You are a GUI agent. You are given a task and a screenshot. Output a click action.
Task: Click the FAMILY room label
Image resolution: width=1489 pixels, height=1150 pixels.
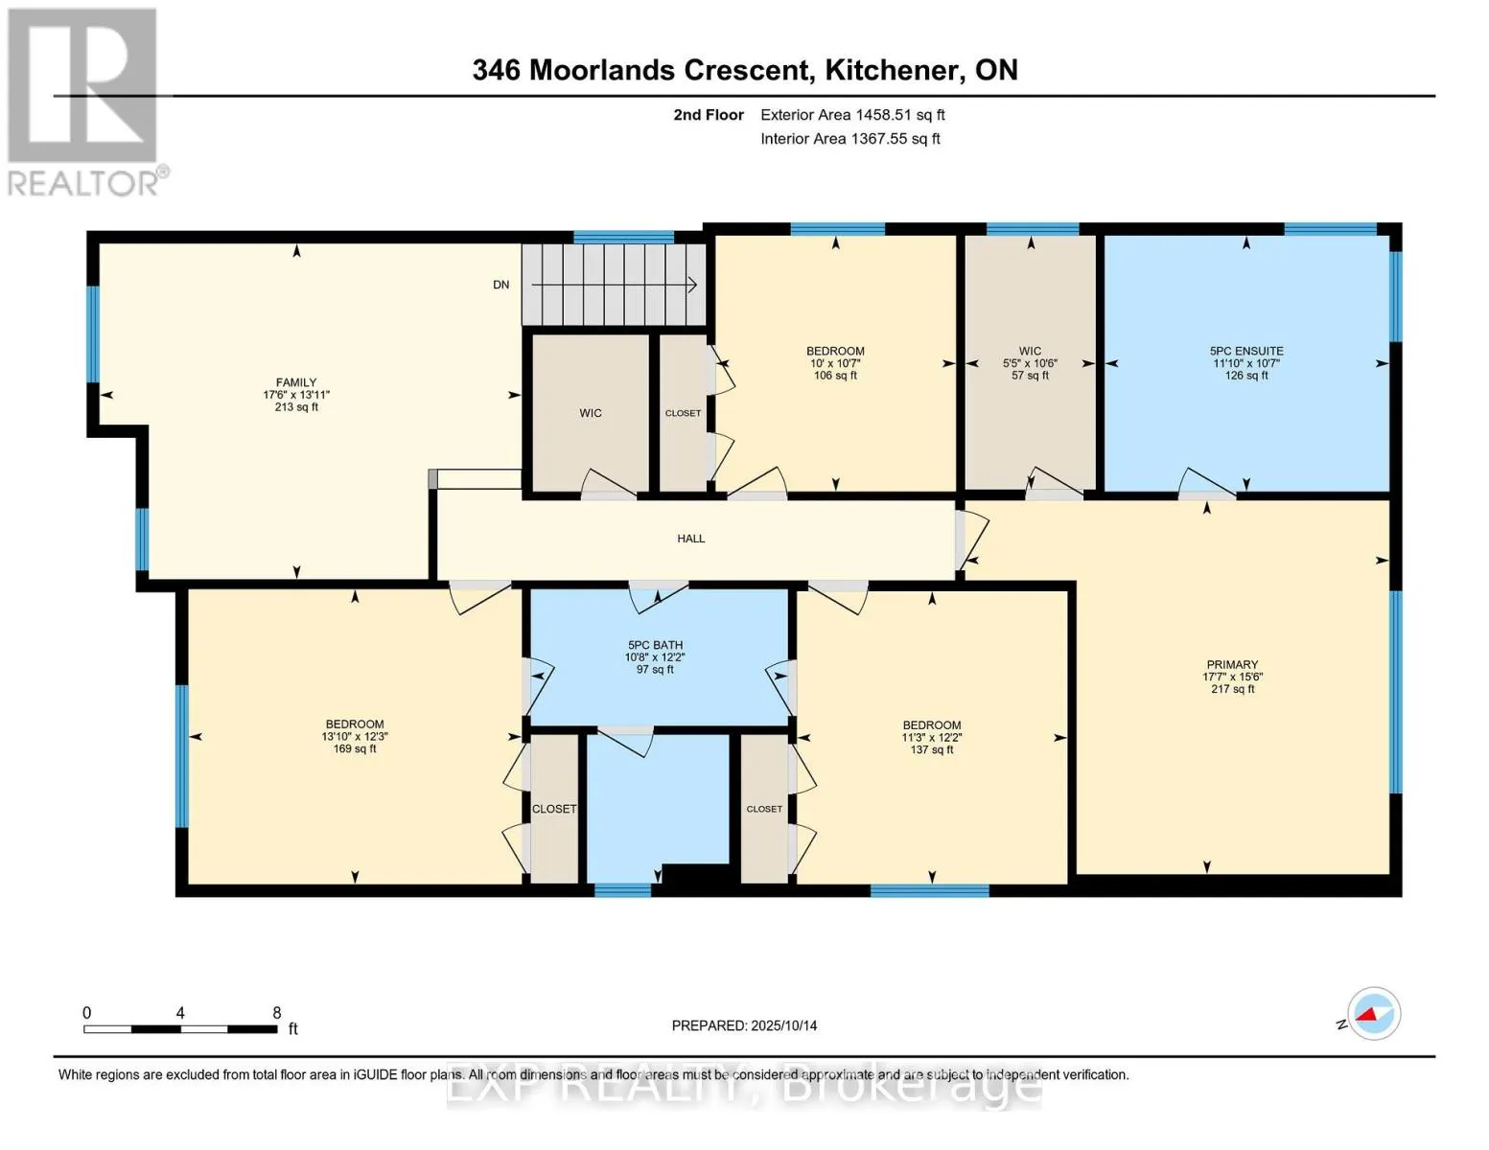point(296,382)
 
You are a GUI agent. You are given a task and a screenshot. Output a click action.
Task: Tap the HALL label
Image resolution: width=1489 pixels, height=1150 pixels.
point(690,539)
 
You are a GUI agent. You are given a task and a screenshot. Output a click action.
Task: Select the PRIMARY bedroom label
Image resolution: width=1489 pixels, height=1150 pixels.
point(1232,664)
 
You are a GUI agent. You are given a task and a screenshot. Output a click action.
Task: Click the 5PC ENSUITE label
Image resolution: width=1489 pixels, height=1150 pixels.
point(1246,351)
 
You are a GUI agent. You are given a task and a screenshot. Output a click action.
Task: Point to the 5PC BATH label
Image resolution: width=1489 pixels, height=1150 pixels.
point(655,645)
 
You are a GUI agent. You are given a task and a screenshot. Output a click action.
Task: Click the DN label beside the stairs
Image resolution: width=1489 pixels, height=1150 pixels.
point(500,285)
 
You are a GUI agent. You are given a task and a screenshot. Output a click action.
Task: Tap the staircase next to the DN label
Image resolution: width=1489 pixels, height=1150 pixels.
point(614,285)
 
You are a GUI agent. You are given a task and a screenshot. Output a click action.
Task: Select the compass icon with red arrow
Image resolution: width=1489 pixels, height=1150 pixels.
point(1373,1014)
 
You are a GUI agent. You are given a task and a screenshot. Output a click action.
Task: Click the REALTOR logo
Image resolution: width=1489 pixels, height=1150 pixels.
point(84,101)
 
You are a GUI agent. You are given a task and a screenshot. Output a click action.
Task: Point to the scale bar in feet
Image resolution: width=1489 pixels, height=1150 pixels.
point(180,1028)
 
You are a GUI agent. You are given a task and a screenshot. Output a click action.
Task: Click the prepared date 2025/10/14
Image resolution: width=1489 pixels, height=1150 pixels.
point(744,1025)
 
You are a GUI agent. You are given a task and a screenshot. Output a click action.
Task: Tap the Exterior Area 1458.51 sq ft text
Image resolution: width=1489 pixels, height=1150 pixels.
point(852,115)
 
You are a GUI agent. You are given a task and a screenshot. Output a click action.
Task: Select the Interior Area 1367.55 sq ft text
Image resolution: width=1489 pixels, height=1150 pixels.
point(849,139)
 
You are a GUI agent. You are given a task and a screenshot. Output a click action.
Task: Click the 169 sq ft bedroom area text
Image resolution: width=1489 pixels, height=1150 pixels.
point(355,748)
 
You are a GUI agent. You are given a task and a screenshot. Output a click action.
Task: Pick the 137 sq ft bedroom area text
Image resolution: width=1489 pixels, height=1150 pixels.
point(932,749)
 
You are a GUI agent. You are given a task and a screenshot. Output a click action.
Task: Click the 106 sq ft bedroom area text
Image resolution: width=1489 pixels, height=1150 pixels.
point(835,375)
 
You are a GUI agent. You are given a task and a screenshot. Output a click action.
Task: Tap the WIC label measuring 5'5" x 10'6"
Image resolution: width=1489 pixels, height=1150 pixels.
point(1030,351)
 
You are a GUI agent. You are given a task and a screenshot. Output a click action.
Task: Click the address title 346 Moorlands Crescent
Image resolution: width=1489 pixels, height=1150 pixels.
point(744,70)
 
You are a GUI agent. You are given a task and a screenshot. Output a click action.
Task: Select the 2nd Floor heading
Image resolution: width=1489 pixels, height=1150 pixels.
point(709,115)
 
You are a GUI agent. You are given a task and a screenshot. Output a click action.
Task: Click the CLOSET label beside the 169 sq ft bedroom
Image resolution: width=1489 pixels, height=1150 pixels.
point(554,809)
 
